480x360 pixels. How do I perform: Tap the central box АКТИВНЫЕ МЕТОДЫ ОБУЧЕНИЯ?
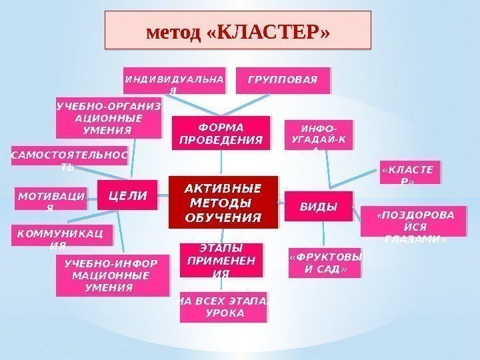coord(222,202)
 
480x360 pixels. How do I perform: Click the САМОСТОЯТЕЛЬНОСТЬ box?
coord(69,159)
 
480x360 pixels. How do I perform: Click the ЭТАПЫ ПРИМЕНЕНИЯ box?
coord(221,261)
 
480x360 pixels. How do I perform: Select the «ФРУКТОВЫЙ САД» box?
coord(325,263)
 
